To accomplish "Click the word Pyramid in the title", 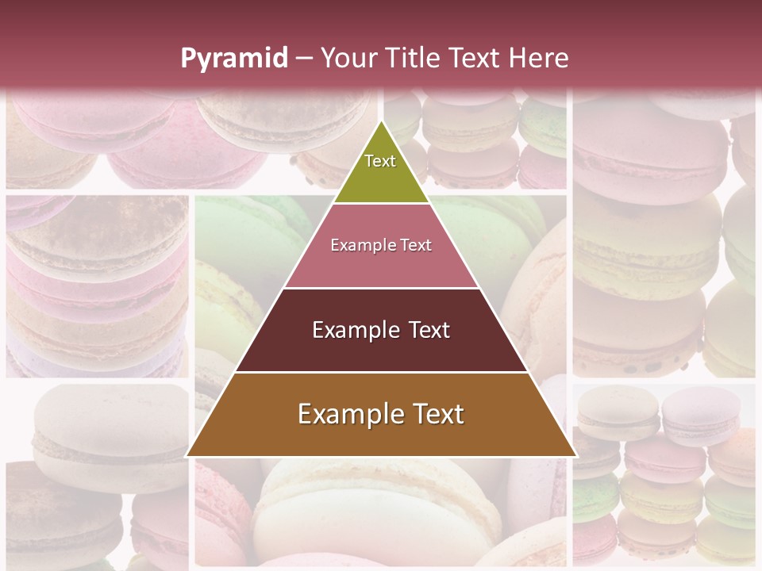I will click(x=233, y=59).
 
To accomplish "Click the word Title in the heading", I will click(x=412, y=59).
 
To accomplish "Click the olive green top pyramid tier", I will click(x=381, y=178).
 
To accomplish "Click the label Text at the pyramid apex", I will click(x=380, y=161).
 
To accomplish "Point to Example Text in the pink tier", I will click(x=381, y=245).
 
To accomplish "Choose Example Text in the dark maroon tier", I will click(x=381, y=330).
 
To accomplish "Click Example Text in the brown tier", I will click(x=381, y=414).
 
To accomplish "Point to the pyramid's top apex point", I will click(x=381, y=121).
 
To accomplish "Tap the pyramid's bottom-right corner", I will click(x=575, y=456).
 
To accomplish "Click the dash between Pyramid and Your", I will click(x=303, y=59).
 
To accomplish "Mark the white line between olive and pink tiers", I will click(x=381, y=204).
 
